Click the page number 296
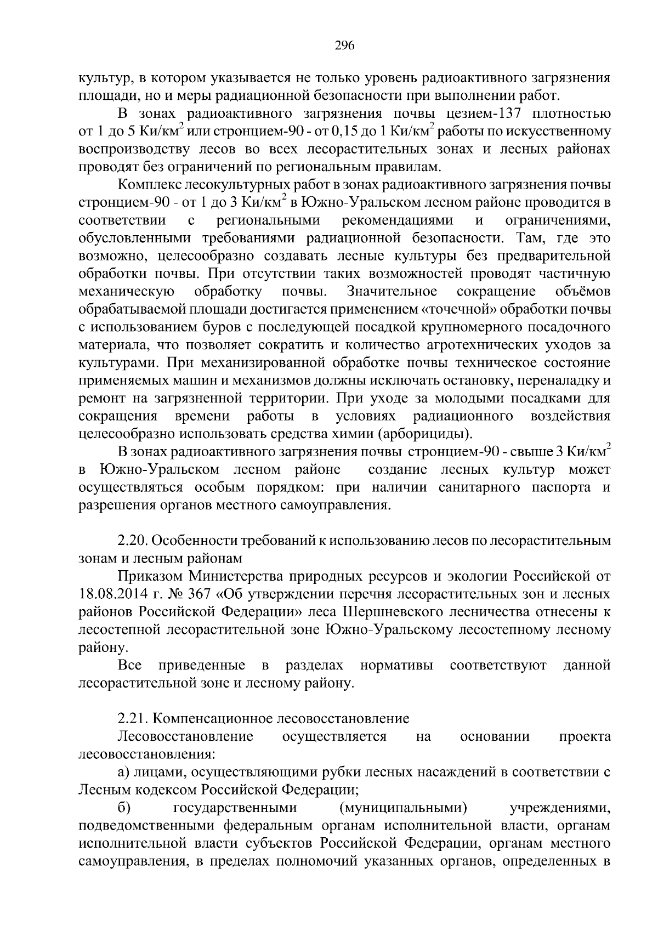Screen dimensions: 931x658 (345, 46)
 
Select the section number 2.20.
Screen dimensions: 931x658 (132, 541)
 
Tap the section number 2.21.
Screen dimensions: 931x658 (132, 718)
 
